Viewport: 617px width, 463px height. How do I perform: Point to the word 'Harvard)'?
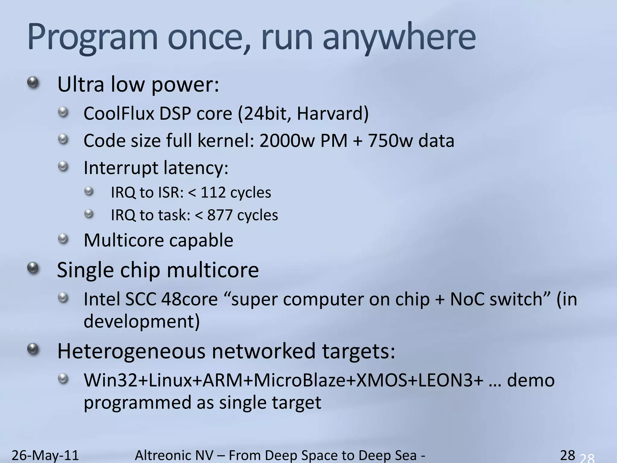tap(333, 114)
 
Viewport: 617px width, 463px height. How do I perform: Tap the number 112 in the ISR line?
tap(213, 192)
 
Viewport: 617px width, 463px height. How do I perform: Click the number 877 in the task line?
tap(220, 215)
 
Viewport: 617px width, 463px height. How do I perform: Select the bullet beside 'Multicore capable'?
tap(63, 239)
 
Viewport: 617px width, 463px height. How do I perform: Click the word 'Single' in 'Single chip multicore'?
tap(85, 270)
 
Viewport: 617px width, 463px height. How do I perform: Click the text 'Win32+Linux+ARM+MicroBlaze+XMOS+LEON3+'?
tap(283, 380)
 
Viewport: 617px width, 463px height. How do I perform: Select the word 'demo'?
tap(531, 380)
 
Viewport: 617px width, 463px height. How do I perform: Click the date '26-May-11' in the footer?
tap(45, 455)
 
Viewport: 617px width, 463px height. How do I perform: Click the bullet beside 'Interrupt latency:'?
tap(63, 166)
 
